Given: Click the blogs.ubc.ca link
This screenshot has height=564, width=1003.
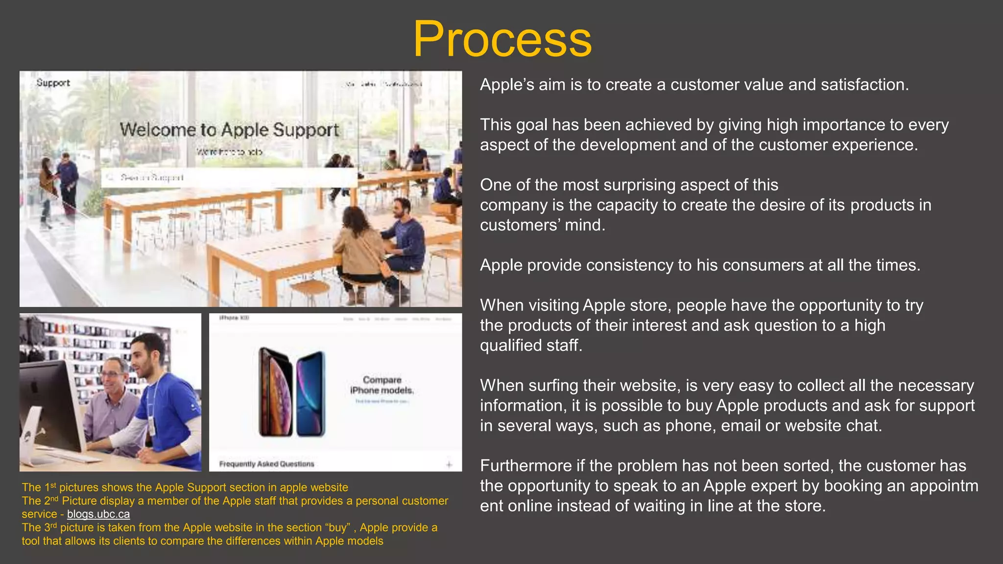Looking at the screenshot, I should point(98,514).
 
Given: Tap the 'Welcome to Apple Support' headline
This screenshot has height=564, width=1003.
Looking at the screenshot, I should point(229,130).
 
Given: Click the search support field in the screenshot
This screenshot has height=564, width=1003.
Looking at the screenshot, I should point(229,177).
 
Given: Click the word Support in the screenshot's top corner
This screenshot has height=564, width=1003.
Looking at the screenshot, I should point(53,83).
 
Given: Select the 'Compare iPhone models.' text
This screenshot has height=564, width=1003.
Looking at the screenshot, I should point(382,385).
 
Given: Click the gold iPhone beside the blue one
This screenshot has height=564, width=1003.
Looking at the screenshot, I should point(275,392).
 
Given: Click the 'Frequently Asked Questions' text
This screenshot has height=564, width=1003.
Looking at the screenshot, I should point(266,464).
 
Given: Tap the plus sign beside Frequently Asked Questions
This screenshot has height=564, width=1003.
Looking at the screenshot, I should point(449,464).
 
